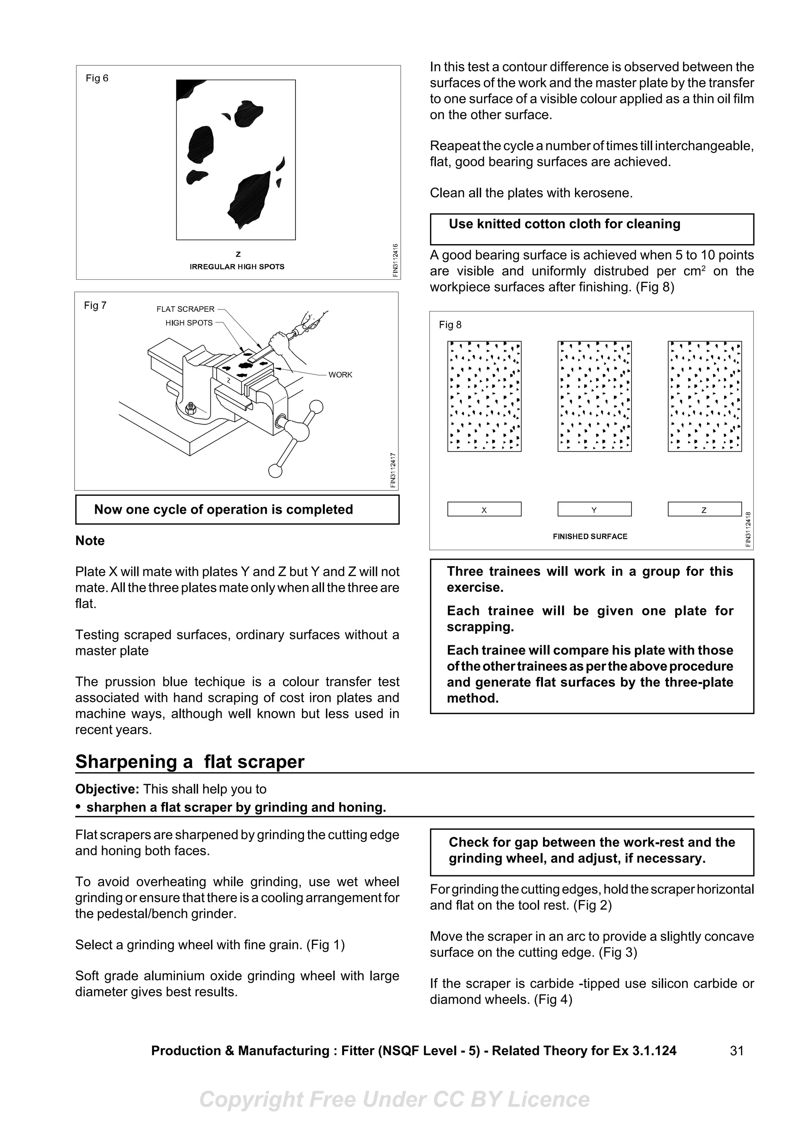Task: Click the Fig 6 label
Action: click(97, 78)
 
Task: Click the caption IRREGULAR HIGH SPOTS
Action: click(237, 267)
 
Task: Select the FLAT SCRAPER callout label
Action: click(186, 309)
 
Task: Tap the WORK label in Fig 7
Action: click(340, 374)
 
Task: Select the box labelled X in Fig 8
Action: click(484, 509)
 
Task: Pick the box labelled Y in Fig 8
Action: click(594, 509)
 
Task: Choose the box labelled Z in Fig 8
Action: click(704, 509)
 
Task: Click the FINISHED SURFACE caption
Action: click(590, 536)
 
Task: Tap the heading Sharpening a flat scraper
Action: click(190, 761)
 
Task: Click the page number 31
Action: click(736, 1050)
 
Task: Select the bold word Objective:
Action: click(108, 789)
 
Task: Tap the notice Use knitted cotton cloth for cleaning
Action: click(564, 224)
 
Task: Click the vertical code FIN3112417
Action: click(393, 470)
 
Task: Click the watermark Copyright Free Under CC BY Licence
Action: click(394, 1099)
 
